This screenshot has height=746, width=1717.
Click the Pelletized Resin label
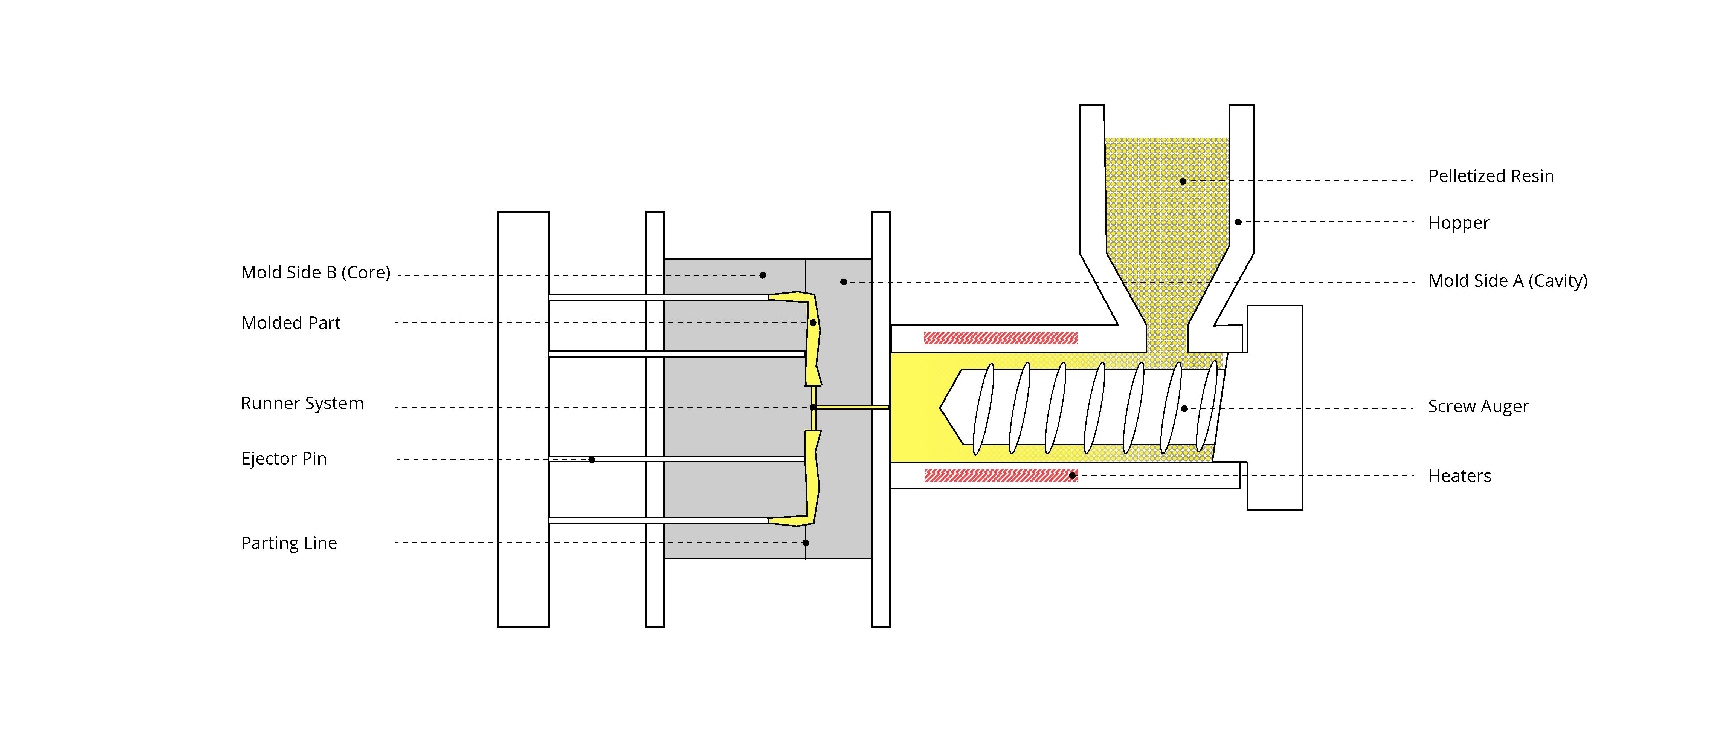click(x=1490, y=176)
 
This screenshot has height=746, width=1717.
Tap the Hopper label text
click(x=1458, y=223)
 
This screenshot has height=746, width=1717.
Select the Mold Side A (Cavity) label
click(x=1508, y=281)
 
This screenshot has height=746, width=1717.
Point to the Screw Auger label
click(x=1478, y=406)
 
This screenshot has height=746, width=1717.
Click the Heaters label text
click(x=1459, y=476)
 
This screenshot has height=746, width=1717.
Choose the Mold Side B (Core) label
click(x=315, y=273)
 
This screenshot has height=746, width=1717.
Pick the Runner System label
click(x=302, y=404)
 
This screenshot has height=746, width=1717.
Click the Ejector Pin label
click(x=284, y=459)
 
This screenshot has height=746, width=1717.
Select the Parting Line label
click(x=288, y=543)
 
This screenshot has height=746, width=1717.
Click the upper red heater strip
click(x=1000, y=338)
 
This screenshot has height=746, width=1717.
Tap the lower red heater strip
click(x=1000, y=475)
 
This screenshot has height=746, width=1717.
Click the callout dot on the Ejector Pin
click(x=591, y=459)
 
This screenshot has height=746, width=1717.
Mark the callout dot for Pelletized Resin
click(x=1183, y=181)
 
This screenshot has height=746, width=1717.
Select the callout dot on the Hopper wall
click(x=1238, y=222)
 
